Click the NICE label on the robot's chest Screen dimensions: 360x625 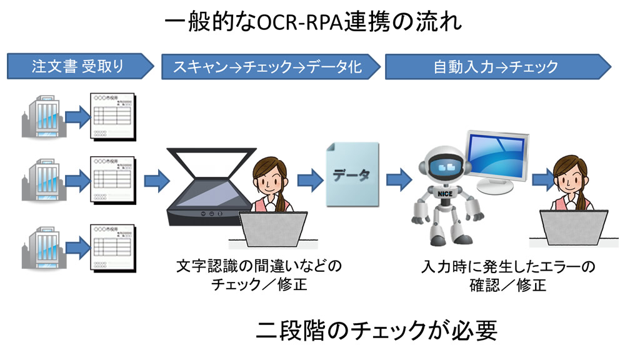[x=445, y=194]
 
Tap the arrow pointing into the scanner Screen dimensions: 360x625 [x=156, y=180]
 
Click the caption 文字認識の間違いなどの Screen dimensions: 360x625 [x=259, y=267]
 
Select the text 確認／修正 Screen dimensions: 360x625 [x=508, y=286]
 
